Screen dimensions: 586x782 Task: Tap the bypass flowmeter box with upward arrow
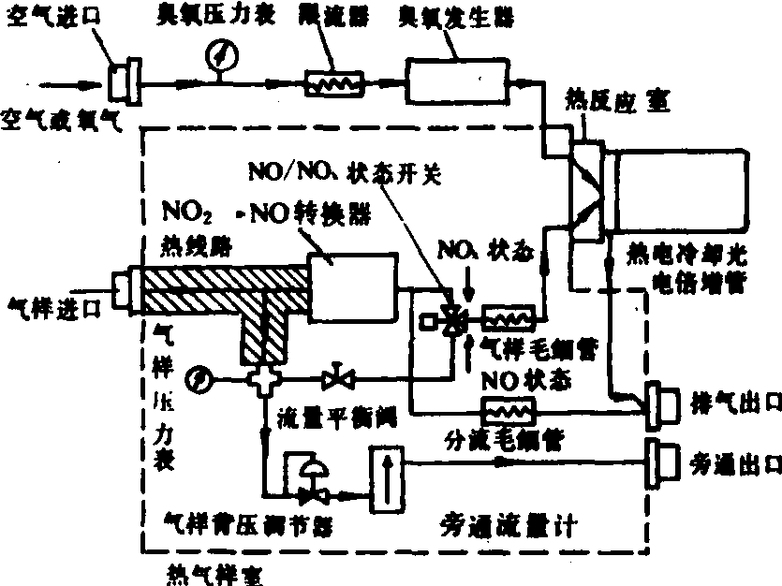pyautogui.click(x=384, y=480)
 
